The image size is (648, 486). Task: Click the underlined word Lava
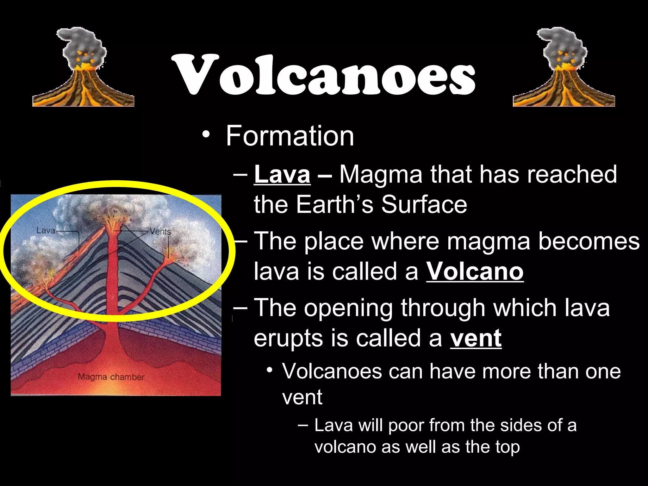(x=282, y=174)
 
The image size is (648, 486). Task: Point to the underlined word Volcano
(x=475, y=271)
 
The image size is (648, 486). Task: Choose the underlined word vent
(x=476, y=338)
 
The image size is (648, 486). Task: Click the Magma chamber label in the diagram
(x=111, y=377)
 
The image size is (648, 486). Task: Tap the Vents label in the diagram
(x=160, y=232)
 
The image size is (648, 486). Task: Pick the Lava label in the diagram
(x=46, y=230)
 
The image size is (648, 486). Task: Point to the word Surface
(x=424, y=204)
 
